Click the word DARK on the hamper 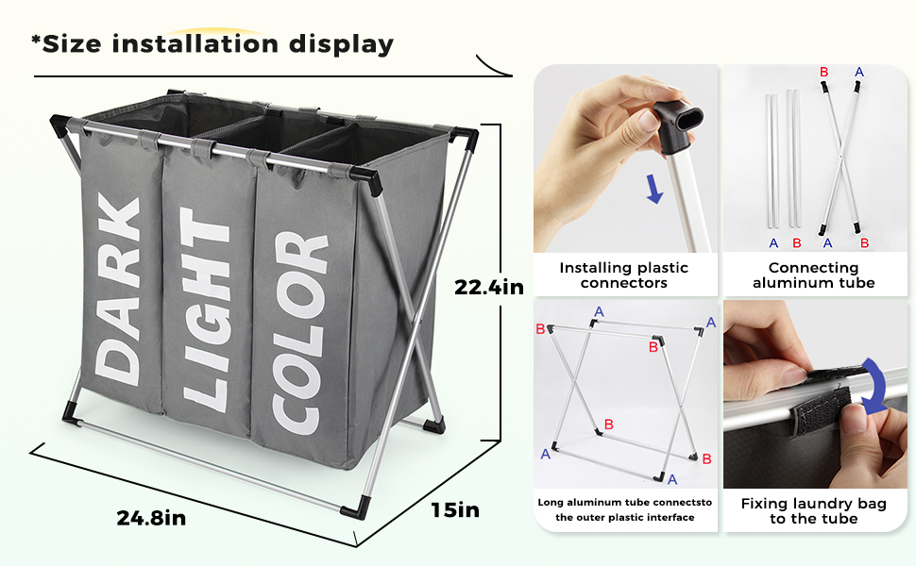click(117, 290)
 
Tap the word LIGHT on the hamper click(205, 310)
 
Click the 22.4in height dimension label click(489, 287)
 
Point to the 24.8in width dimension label click(151, 518)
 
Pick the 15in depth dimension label click(455, 510)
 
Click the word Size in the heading click(71, 44)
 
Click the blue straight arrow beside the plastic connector click(654, 189)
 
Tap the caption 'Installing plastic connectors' click(624, 275)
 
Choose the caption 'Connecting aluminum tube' click(813, 275)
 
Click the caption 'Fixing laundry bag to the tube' click(814, 511)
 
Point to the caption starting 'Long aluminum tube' click(625, 509)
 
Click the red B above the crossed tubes click(823, 73)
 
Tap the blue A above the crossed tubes click(858, 73)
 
